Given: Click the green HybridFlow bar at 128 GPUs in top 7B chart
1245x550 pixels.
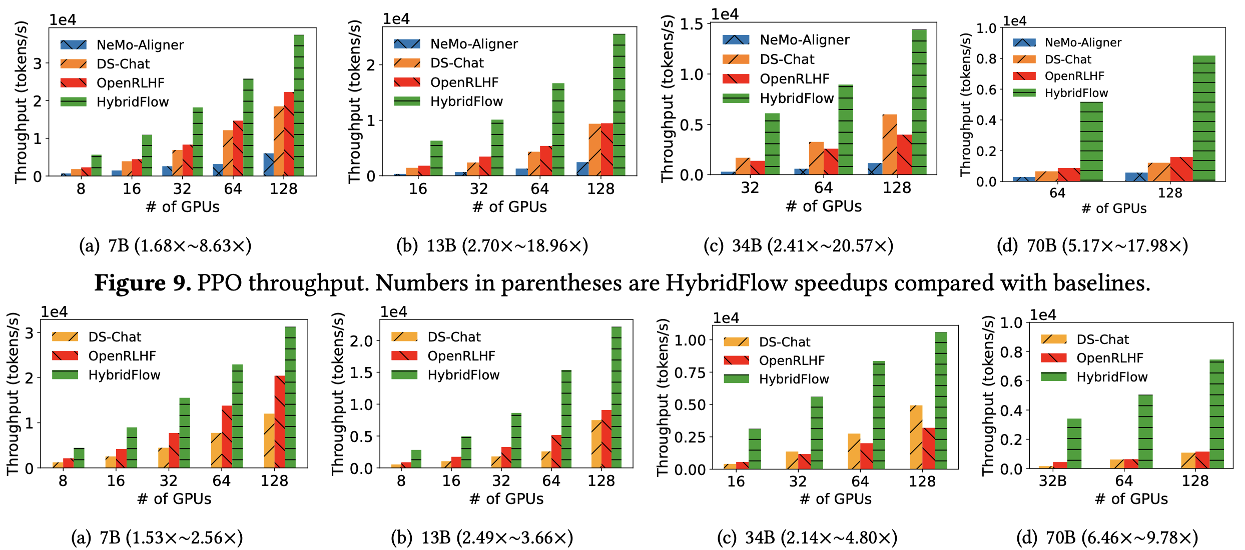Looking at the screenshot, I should coord(299,105).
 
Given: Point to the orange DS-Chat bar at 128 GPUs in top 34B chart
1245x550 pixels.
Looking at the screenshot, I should coord(890,144).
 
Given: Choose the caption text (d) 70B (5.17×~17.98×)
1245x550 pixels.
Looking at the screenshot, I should coord(1092,245).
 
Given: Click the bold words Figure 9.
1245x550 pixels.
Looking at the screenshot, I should coord(143,283).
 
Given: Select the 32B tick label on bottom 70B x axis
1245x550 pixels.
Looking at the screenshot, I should coord(1052,481).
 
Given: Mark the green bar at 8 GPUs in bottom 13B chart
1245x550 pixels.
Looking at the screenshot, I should coord(416,459).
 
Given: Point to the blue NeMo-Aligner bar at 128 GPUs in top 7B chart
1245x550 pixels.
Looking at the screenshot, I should coord(269,164).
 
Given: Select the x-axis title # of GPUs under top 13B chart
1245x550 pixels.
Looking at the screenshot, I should coord(509,206).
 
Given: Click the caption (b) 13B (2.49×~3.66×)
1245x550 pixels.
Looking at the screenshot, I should coord(481,537).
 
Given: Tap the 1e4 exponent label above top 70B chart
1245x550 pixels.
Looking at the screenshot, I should coord(1014,21).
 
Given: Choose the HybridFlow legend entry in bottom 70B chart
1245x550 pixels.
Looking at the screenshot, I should coord(1111,377).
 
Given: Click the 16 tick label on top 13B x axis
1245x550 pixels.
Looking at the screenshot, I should coord(418,189).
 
